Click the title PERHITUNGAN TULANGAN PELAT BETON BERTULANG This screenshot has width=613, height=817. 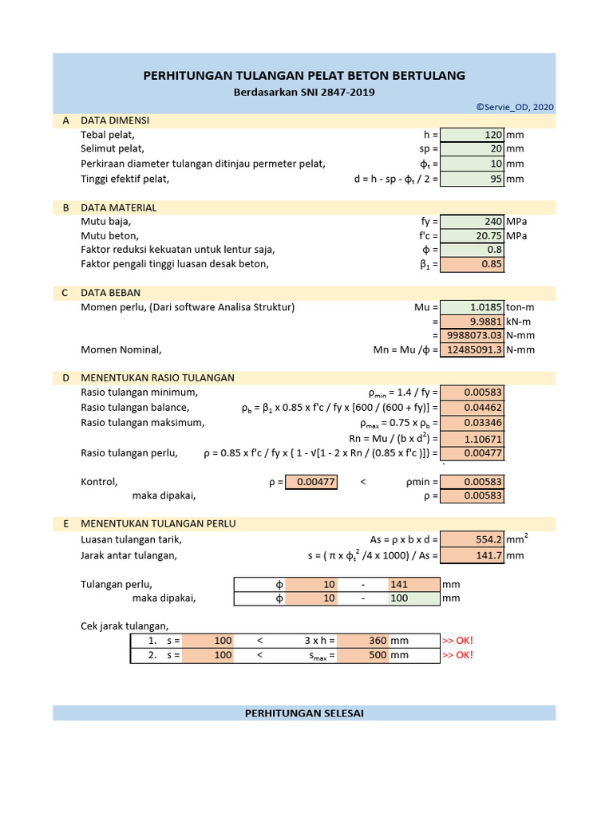tap(304, 76)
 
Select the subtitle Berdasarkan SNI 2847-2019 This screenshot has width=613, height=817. tap(304, 93)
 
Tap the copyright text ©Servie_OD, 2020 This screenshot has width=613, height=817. tap(514, 107)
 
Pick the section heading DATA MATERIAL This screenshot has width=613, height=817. tap(118, 207)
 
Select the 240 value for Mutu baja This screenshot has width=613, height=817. tap(472, 222)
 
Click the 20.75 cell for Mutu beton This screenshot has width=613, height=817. tap(472, 236)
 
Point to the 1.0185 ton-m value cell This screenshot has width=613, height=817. tap(472, 307)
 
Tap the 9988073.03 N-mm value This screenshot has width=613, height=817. tap(472, 336)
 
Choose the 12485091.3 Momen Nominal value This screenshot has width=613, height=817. tap(472, 350)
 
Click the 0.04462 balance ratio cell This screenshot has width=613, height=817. tap(472, 408)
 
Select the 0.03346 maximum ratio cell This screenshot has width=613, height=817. tap(472, 422)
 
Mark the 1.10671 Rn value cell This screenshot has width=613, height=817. tap(472, 439)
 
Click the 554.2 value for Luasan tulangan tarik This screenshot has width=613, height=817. tap(472, 540)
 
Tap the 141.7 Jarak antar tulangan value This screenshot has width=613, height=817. tap(472, 555)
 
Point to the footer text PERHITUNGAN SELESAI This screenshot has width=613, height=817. tap(304, 713)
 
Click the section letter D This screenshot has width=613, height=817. tap(65, 378)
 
